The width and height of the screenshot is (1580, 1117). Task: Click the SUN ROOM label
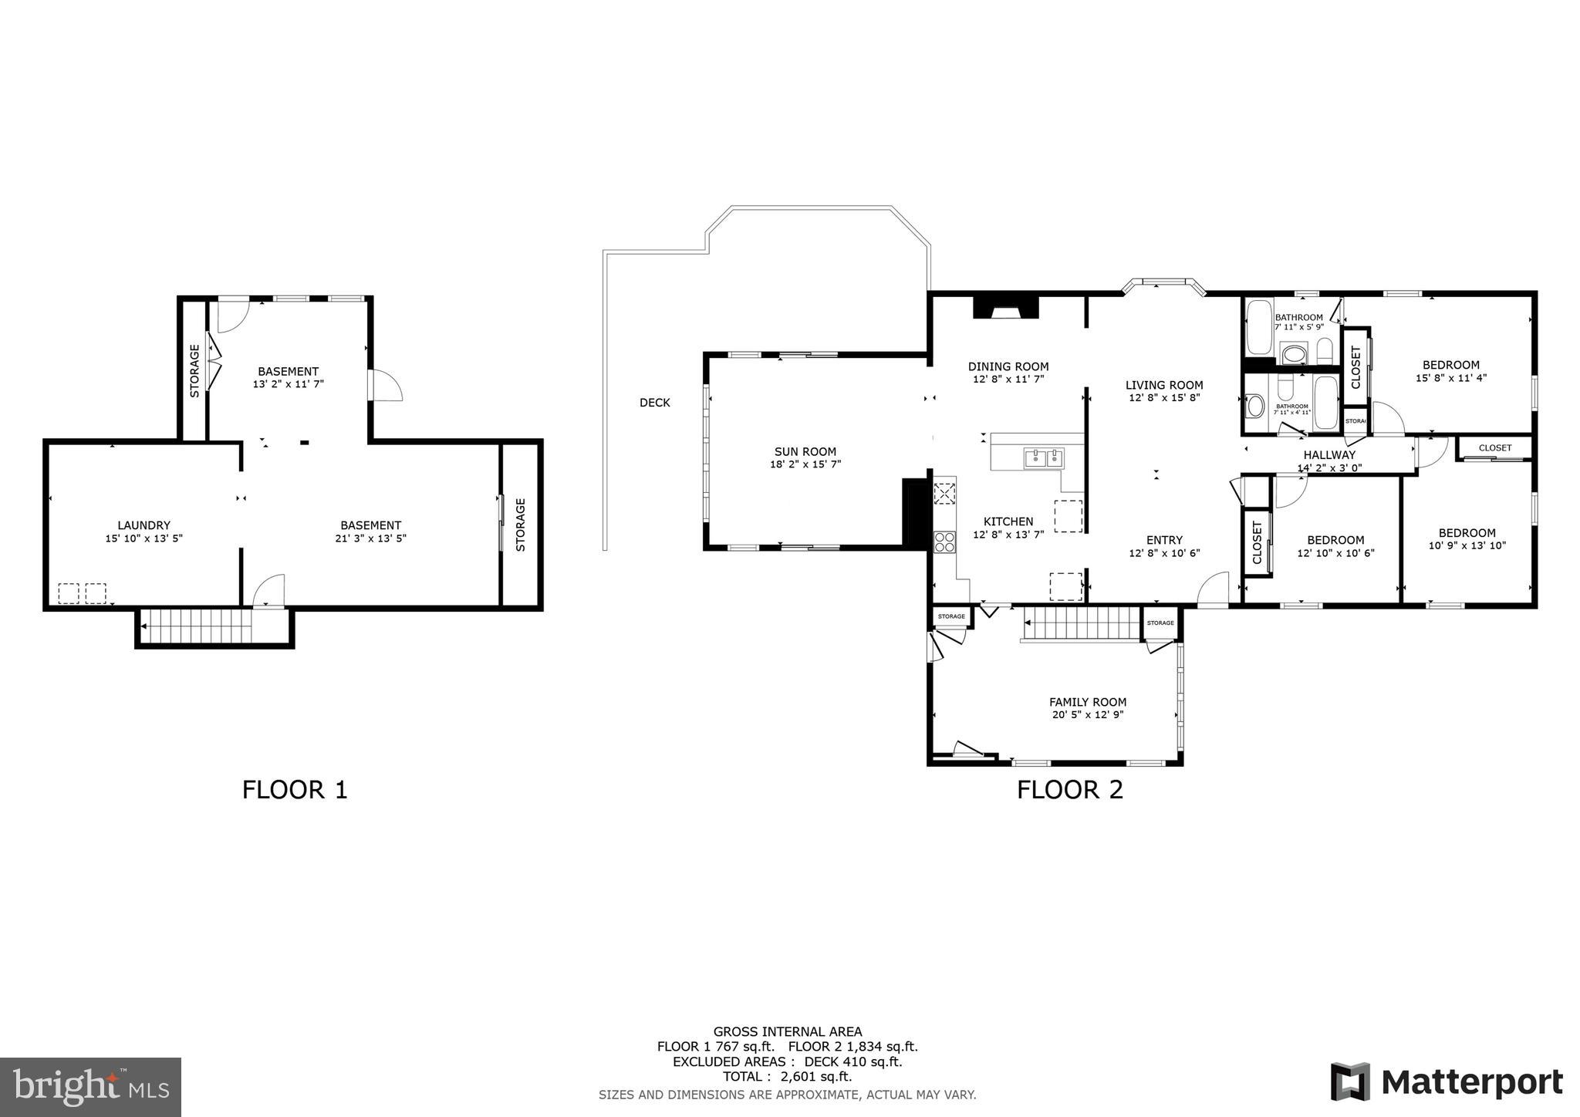pos(805,452)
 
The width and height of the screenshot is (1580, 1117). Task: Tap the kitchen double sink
pos(1043,458)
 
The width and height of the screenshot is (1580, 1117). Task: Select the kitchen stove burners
pos(944,542)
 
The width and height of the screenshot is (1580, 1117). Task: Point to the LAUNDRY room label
pos(143,526)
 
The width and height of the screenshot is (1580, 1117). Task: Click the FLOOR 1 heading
pos(295,790)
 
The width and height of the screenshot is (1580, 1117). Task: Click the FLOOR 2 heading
pos(1069,790)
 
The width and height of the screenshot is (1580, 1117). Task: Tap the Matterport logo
pos(1447,1082)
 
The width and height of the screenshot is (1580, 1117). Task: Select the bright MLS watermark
pos(91,1088)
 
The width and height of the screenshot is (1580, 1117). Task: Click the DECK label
pos(654,403)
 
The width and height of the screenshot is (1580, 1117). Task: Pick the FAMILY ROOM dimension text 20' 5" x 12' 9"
pos(1087,715)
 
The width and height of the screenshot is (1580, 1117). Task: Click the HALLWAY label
pos(1329,455)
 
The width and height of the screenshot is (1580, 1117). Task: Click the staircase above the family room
pos(1082,623)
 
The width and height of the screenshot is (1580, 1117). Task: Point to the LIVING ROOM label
pos(1163,385)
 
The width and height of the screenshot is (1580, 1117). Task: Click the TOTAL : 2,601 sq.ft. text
pos(787,1077)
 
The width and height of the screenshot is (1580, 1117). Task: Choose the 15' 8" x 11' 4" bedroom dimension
pos(1450,378)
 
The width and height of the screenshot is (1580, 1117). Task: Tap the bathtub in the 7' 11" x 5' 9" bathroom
pos(1258,327)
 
